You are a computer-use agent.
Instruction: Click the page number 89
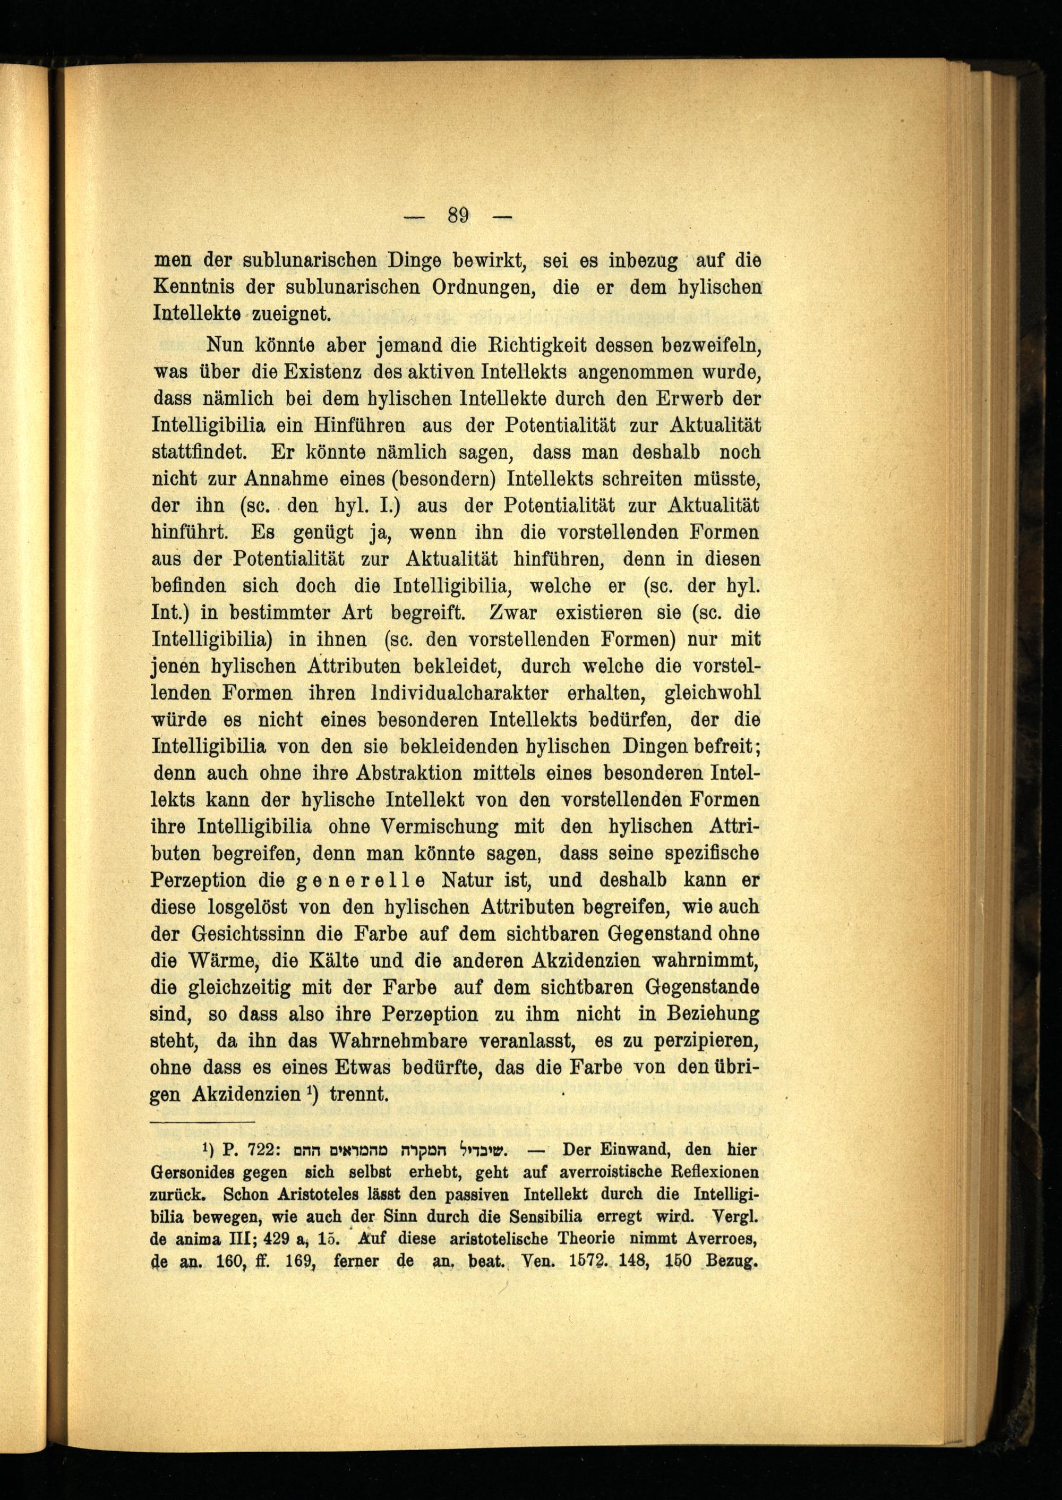(459, 215)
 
